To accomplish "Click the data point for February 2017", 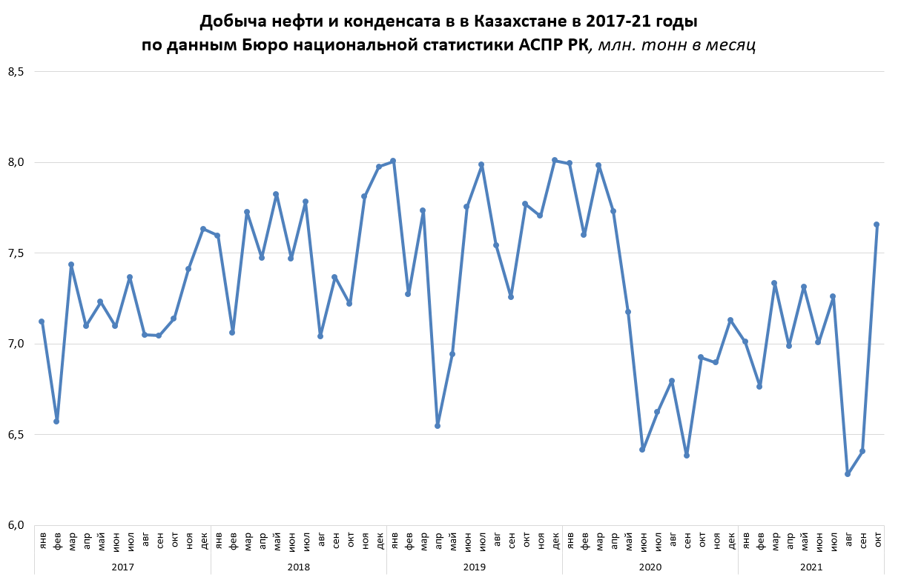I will coord(56,421).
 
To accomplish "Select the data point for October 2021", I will coord(877,224).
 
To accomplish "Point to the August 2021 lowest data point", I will coord(848,474).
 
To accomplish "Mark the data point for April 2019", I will coord(438,426).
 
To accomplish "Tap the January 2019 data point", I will coord(393,161).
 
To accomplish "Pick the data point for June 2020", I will coord(642,450).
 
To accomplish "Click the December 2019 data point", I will coord(555,160).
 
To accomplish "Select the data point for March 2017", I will coord(71,264).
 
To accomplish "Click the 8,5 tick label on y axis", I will coord(16,72).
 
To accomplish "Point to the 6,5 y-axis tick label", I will coord(16,435).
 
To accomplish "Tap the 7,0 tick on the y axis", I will coord(16,344).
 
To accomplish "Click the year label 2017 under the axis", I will coord(122,567).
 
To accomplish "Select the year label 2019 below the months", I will coord(474,567).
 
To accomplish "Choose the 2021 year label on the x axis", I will coord(811,567).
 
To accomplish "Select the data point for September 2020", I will coord(687,456).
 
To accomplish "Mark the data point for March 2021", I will coord(774,283).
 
